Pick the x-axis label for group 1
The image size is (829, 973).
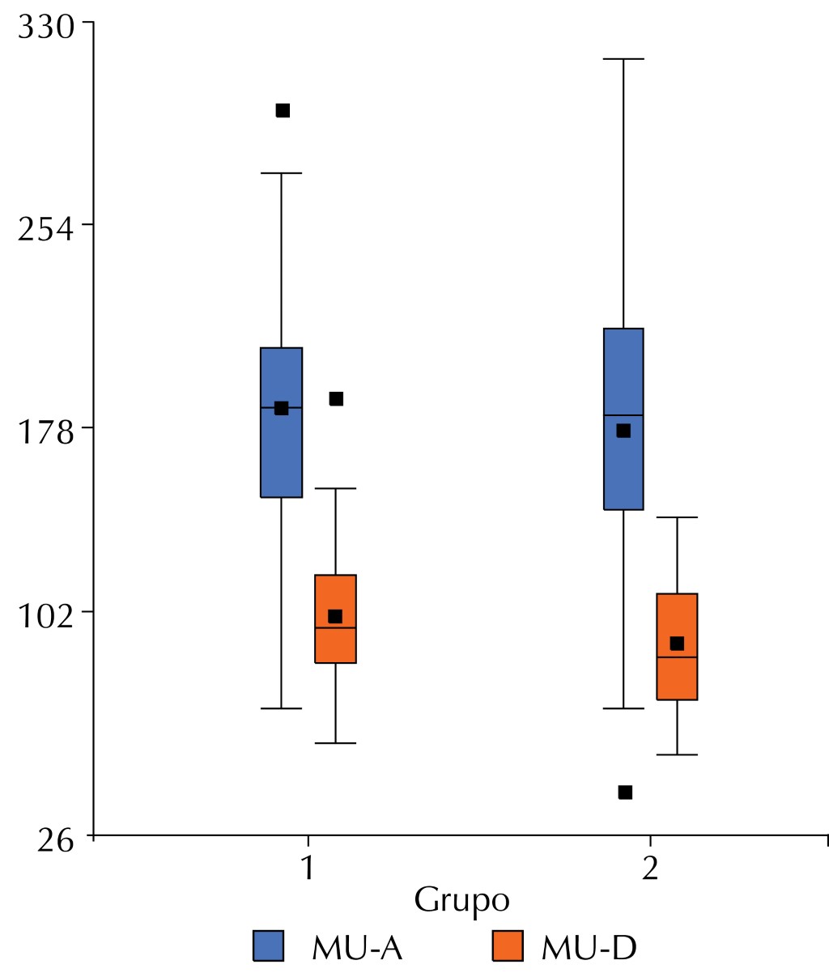pyautogui.click(x=307, y=869)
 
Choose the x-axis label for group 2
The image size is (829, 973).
pyautogui.click(x=649, y=869)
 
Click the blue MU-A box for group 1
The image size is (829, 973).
pyautogui.click(x=281, y=453)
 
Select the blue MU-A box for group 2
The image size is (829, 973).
pyautogui.click(x=623, y=470)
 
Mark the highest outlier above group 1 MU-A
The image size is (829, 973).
pyautogui.click(x=283, y=110)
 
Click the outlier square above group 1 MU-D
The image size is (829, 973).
pyautogui.click(x=336, y=398)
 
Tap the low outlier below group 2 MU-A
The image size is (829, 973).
pyautogui.click(x=625, y=792)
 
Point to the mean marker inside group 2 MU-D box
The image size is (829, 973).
pyautogui.click(x=677, y=644)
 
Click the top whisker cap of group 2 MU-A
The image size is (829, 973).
pyautogui.click(x=623, y=59)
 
